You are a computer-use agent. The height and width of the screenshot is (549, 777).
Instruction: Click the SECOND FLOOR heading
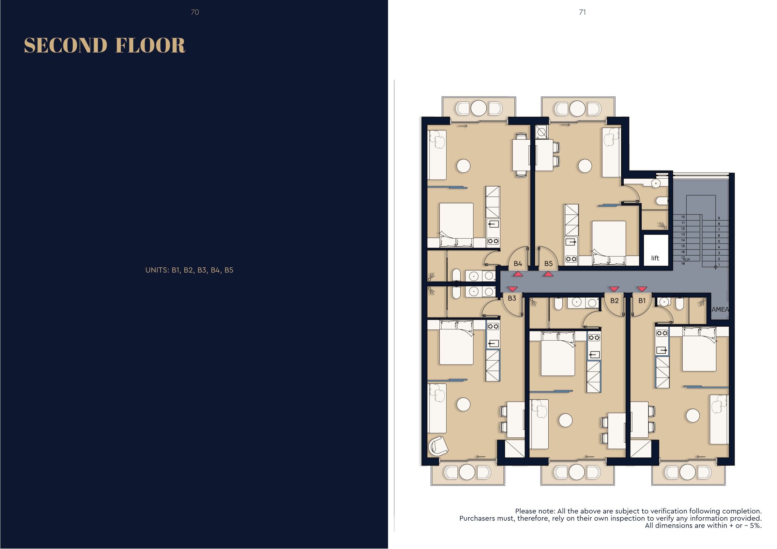coord(105,45)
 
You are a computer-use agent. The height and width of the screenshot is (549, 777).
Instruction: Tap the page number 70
coord(195,12)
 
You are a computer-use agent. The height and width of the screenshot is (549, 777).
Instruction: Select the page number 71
coord(582,12)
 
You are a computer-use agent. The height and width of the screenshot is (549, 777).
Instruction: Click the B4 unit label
coord(518,263)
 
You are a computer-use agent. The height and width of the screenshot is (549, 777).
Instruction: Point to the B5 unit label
coord(548,263)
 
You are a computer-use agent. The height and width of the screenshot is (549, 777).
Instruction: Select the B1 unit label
coord(642,300)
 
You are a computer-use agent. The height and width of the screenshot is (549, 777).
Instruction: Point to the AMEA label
coord(720,309)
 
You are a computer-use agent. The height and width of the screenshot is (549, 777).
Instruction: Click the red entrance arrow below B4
coord(518,274)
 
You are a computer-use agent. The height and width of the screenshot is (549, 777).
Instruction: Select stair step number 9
coord(719,218)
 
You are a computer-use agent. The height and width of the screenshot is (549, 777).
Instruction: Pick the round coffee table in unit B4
coord(463,166)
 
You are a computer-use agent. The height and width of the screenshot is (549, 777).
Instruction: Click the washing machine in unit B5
coord(541,132)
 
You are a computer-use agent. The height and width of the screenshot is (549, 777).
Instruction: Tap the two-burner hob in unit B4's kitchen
coord(493,241)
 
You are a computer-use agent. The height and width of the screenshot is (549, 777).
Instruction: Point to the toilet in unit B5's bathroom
coord(662,201)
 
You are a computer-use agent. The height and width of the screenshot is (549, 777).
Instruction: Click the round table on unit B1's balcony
coord(688,472)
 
